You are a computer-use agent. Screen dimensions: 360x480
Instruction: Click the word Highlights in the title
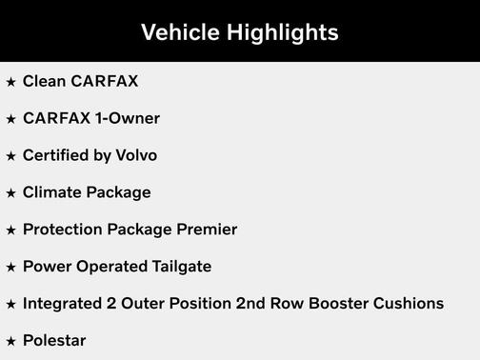281,32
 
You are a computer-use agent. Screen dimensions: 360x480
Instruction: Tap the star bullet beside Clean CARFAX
11,82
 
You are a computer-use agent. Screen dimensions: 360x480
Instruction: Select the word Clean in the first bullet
45,81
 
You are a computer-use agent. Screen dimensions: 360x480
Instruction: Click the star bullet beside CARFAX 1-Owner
11,119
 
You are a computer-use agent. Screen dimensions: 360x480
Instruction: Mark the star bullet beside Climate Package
11,193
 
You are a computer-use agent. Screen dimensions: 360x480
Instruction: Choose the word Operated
108,267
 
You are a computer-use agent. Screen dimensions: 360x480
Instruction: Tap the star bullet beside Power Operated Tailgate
11,268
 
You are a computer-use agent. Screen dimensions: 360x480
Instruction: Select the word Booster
342,304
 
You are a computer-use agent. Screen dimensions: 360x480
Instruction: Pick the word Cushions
410,304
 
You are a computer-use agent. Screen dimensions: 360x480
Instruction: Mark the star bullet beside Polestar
11,341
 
